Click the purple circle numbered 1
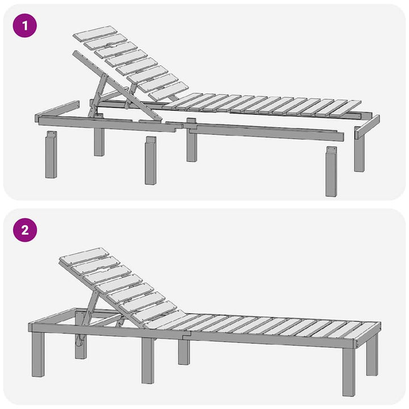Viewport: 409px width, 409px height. click(25, 26)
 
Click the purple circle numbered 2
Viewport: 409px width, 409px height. click(25, 230)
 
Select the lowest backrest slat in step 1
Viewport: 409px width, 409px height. click(169, 91)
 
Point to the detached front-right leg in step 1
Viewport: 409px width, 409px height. click(331, 172)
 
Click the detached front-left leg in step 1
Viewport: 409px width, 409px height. click(51, 155)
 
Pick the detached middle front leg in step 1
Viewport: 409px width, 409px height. click(151, 160)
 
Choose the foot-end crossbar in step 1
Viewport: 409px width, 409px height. click(367, 127)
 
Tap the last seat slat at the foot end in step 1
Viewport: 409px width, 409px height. click(345, 108)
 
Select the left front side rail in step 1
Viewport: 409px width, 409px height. click(107, 124)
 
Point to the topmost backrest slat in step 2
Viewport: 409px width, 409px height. click(84, 256)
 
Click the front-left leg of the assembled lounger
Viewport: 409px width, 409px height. click(38, 354)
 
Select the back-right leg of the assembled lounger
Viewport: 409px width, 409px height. click(372, 354)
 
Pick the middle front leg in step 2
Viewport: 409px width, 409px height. click(148, 361)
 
